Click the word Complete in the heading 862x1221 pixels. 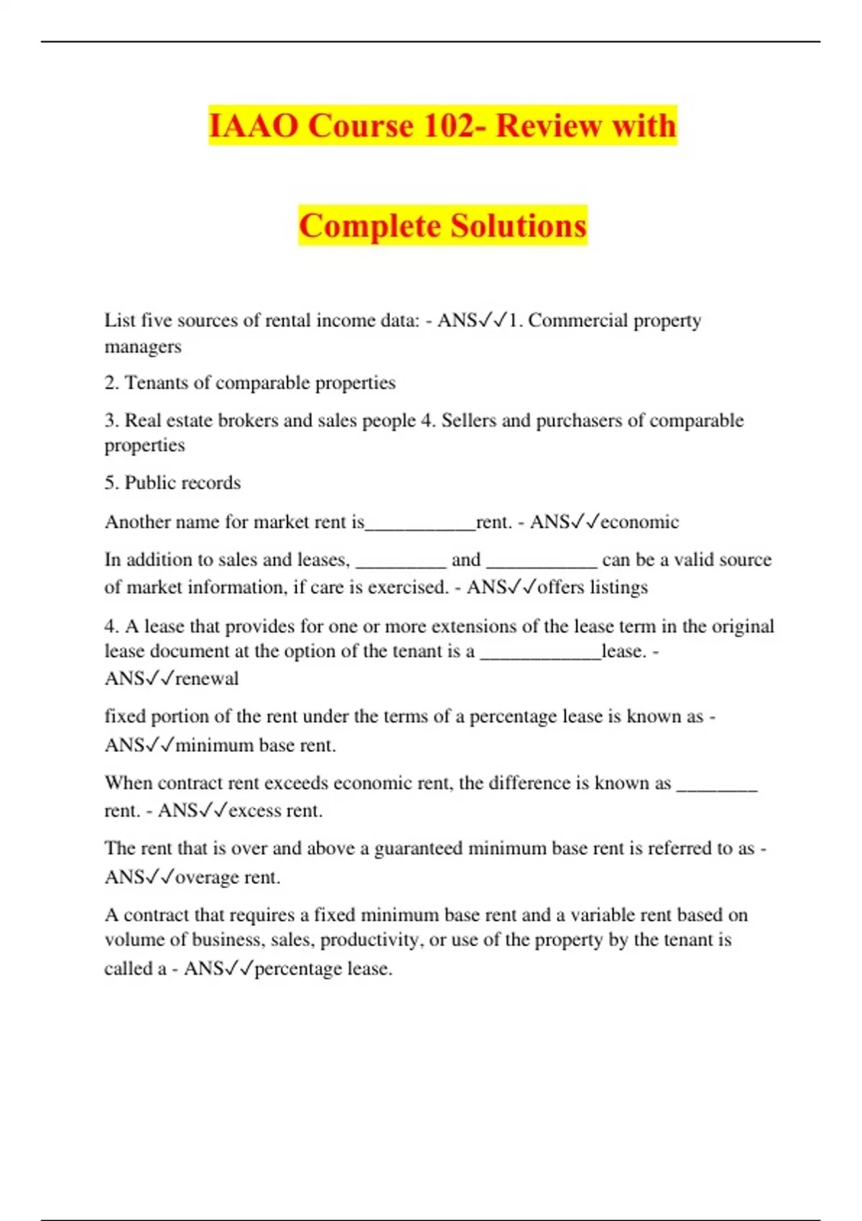pyautogui.click(x=369, y=226)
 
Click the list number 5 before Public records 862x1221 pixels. pyautogui.click(x=110, y=483)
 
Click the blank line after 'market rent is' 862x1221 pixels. pyautogui.click(x=420, y=527)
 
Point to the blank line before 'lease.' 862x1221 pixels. pyautogui.click(x=539, y=656)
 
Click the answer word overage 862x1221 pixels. pyautogui.click(x=208, y=878)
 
